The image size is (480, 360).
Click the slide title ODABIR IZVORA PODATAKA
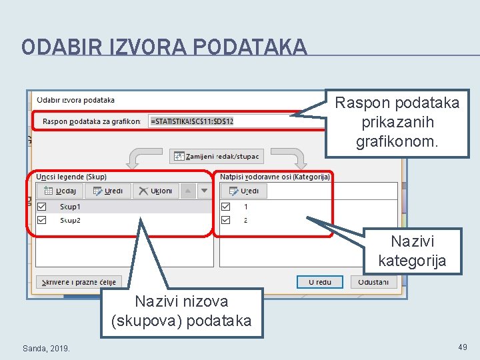(164, 47)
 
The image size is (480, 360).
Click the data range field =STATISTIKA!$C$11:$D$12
(220, 121)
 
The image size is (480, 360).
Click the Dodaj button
(59, 191)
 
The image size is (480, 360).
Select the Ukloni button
(155, 191)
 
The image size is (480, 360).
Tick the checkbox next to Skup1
(42, 207)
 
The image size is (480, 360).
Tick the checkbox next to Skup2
(42, 220)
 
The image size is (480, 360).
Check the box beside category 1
(227, 207)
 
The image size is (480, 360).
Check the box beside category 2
(227, 220)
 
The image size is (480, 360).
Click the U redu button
(320, 282)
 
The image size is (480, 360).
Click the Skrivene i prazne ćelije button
(79, 282)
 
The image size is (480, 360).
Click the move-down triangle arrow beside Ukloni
(204, 191)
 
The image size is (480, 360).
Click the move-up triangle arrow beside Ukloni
(188, 191)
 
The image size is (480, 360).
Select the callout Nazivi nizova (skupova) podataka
(181, 311)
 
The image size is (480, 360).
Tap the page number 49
(463, 347)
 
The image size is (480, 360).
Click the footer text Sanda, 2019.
(46, 348)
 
